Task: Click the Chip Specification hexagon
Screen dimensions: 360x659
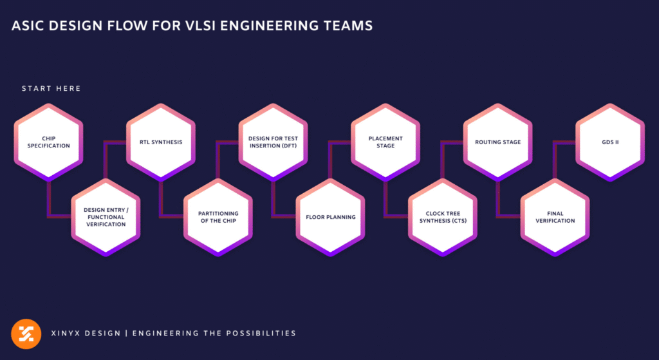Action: (x=48, y=142)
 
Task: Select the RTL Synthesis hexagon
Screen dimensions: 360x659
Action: (x=160, y=142)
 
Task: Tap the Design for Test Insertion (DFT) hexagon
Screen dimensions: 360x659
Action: (x=273, y=142)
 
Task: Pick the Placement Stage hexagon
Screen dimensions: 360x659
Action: (x=385, y=142)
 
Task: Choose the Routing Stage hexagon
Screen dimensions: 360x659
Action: (x=498, y=142)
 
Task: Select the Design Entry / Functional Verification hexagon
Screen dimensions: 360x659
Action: (x=104, y=217)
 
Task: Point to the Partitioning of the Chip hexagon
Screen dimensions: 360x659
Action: (x=217, y=217)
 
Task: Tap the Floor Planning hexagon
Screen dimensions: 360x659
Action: (x=330, y=217)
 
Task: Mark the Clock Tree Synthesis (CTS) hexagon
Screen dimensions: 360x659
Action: (x=442, y=217)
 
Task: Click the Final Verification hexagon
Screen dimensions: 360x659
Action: (x=555, y=217)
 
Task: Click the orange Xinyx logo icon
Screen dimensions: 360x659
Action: (x=26, y=334)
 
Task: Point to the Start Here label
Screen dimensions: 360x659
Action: (x=51, y=88)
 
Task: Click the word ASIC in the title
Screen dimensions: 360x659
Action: (x=28, y=26)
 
